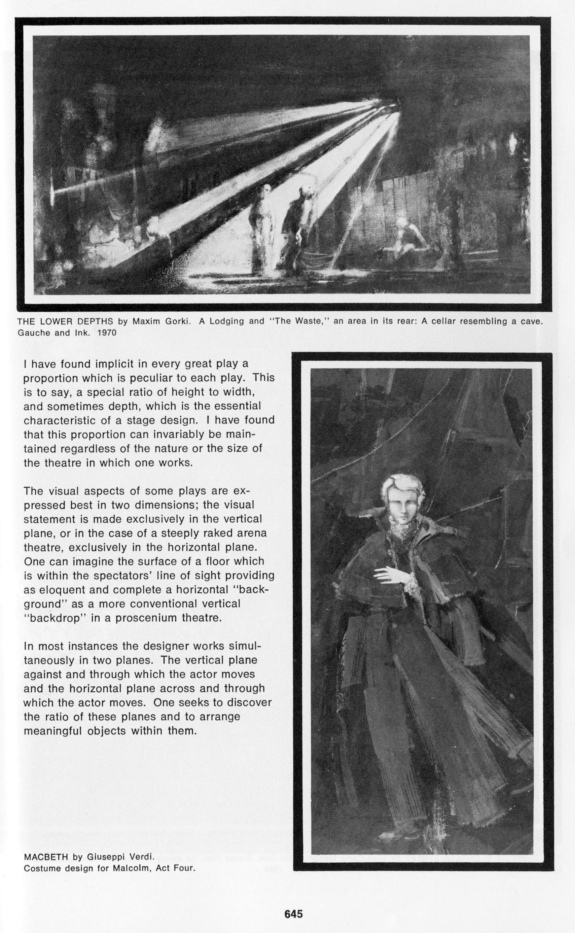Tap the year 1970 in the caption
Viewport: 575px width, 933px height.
[107, 333]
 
